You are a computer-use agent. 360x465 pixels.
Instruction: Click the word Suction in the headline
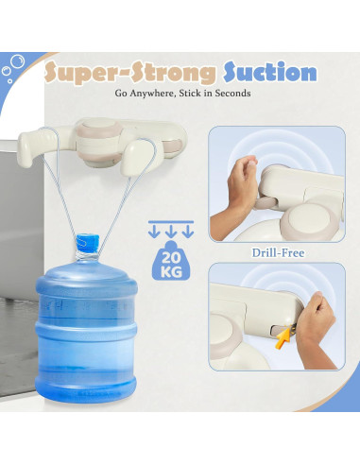pos(269,72)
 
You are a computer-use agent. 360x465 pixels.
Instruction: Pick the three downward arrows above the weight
pos(172,231)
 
